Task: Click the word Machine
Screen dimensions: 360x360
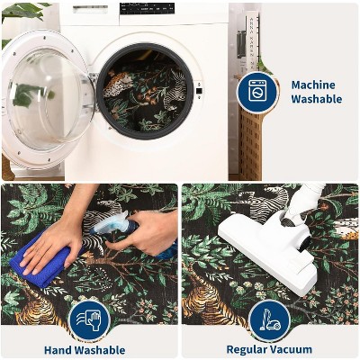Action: [x=313, y=85]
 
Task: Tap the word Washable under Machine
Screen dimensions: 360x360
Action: [x=317, y=99]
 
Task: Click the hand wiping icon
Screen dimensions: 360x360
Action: [x=89, y=320]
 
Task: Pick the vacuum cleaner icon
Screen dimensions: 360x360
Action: [x=270, y=320]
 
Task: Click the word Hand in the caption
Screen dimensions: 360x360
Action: [x=58, y=350]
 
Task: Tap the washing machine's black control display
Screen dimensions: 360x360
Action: [x=147, y=8]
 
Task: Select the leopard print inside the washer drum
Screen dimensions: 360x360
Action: [x=119, y=83]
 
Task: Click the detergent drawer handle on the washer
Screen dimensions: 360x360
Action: [x=90, y=9]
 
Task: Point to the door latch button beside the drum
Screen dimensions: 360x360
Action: [x=198, y=91]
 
